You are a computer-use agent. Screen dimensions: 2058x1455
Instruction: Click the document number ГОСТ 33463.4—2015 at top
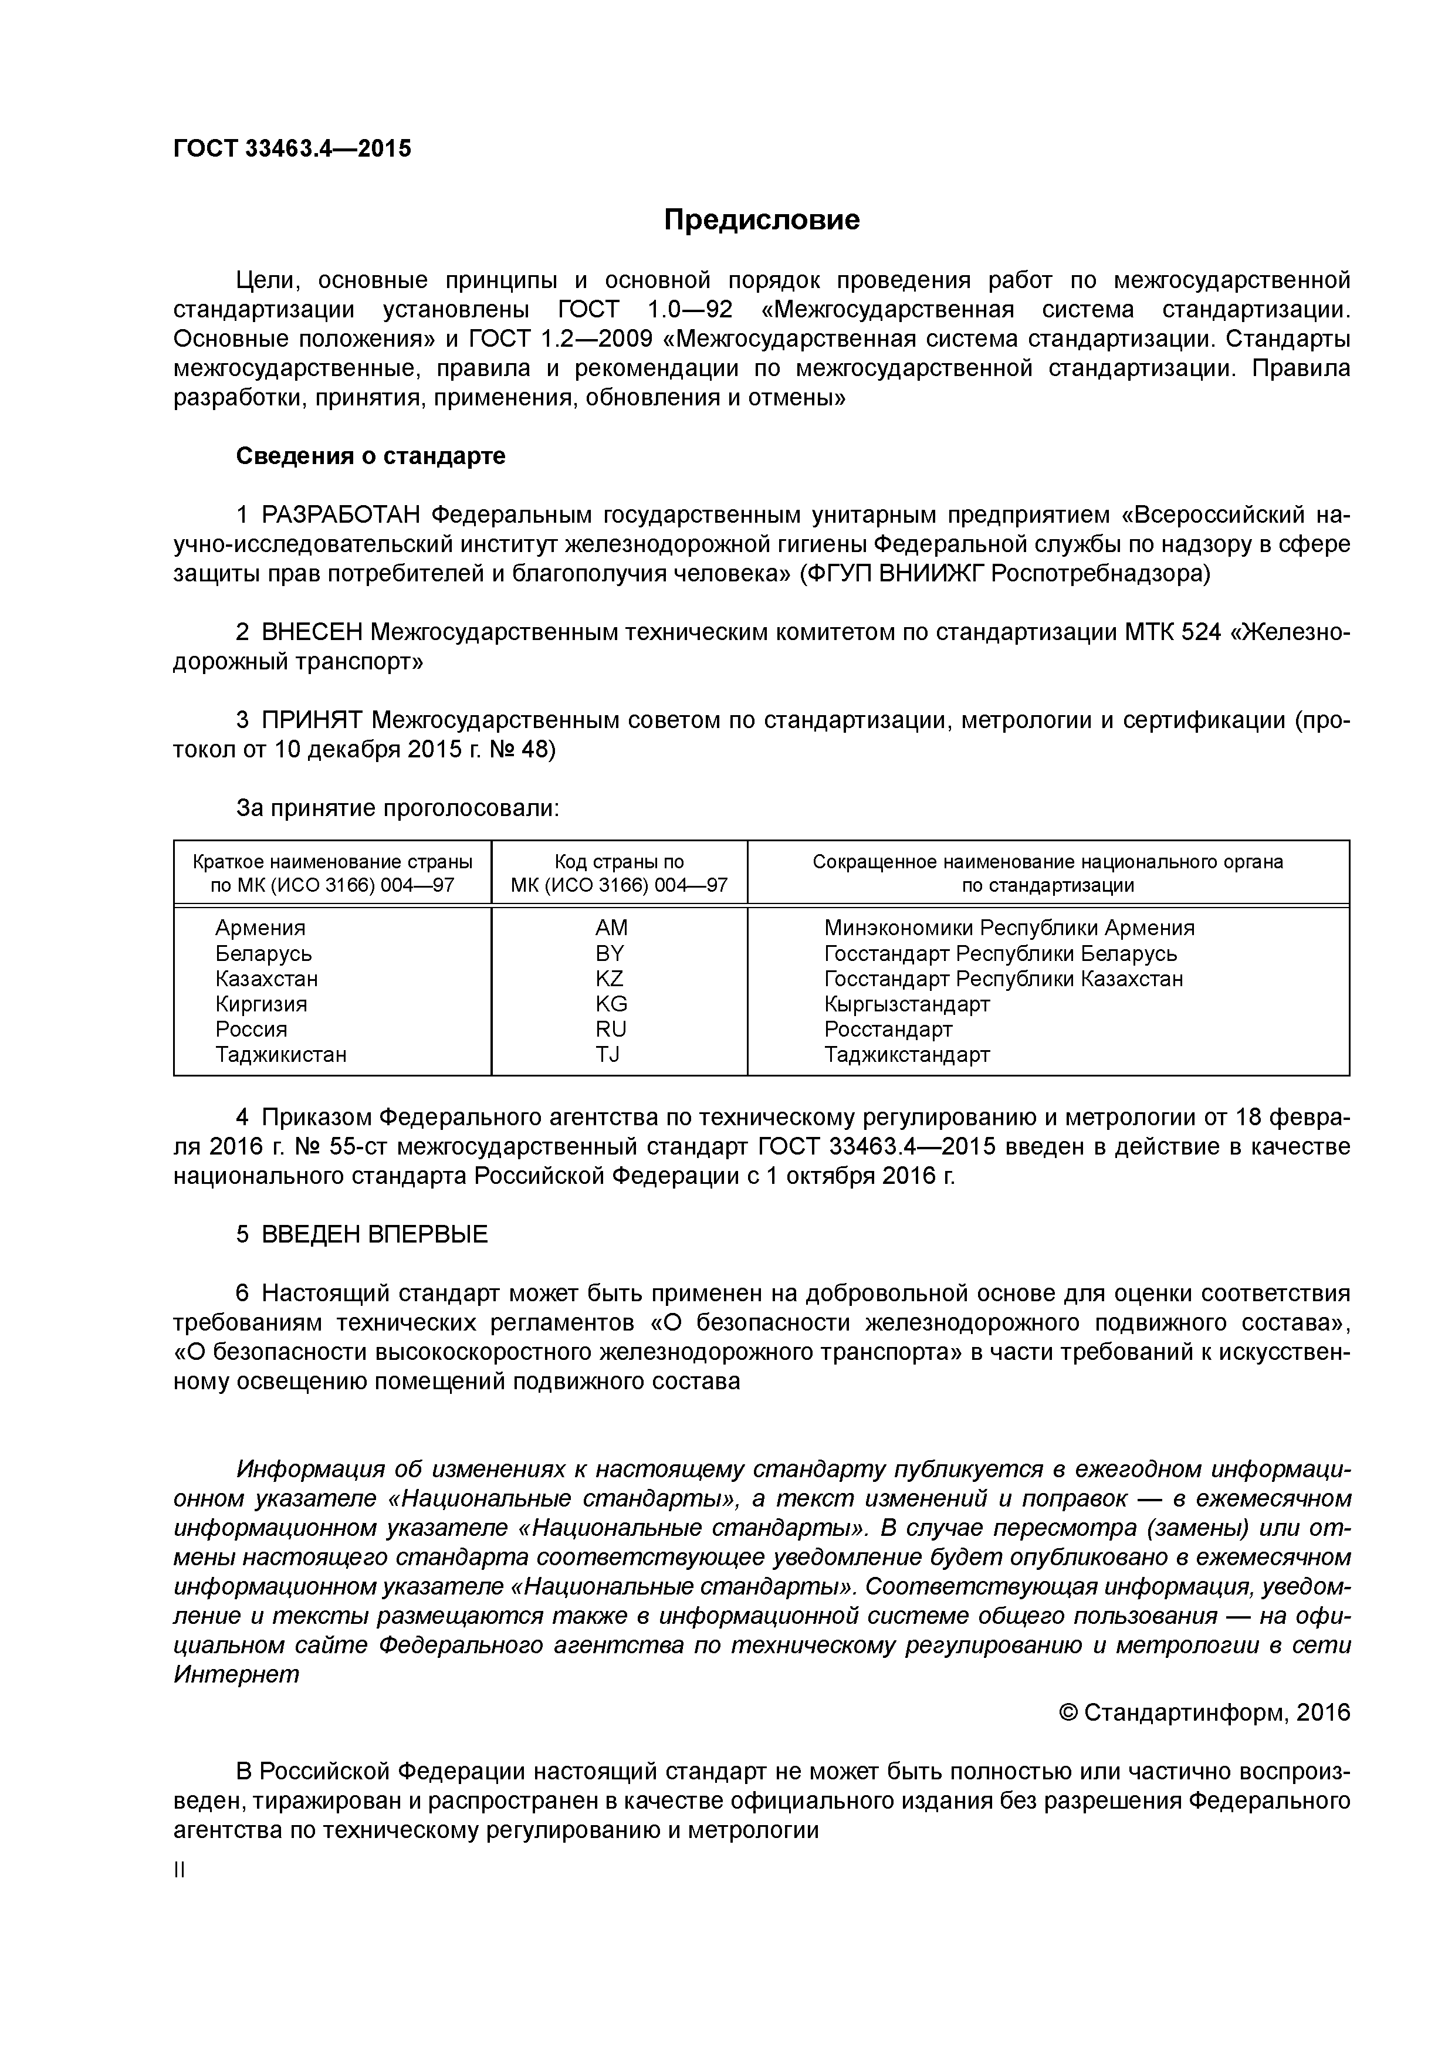coord(292,149)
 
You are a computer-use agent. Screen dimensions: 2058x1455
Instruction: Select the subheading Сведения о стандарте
coord(370,456)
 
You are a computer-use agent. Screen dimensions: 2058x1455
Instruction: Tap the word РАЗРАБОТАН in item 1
coord(341,516)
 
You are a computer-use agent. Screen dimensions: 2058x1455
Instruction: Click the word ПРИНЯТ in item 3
coord(312,720)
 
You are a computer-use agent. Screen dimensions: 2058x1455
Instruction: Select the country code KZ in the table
coord(610,979)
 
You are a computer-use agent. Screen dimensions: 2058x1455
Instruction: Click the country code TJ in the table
coord(608,1054)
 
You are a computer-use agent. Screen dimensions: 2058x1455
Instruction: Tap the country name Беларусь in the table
coord(263,954)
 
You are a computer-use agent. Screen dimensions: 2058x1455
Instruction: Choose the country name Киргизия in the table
coord(261,1004)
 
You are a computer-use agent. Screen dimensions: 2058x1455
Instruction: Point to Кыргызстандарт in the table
coord(906,1004)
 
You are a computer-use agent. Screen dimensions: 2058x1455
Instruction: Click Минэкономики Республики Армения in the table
coord(1009,928)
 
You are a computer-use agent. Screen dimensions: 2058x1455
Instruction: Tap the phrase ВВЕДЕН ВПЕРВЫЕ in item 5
coord(375,1235)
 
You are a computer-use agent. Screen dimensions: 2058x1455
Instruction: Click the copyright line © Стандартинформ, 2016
coord(1204,1713)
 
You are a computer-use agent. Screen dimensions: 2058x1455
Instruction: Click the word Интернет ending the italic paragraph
coord(236,1674)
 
